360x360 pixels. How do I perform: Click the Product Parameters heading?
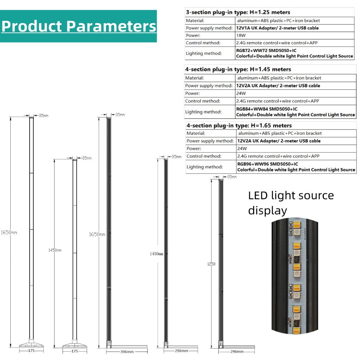point(78,26)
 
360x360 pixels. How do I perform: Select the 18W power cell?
point(241,36)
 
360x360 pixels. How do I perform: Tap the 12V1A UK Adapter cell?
point(277,28)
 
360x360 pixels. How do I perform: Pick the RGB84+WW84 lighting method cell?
point(295,112)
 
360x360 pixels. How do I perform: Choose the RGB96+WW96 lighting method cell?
point(296,167)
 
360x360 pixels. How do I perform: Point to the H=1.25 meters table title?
point(238,12)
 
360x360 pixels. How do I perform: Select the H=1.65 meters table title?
point(239,126)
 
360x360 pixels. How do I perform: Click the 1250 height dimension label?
point(211,264)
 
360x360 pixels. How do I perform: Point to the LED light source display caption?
point(291,203)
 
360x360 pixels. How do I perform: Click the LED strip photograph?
point(297,275)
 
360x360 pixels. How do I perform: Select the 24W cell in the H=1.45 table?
point(241,94)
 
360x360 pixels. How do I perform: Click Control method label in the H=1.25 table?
point(203,43)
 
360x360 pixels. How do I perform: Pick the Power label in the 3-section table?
point(193,36)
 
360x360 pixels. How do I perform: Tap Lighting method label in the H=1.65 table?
point(205,167)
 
